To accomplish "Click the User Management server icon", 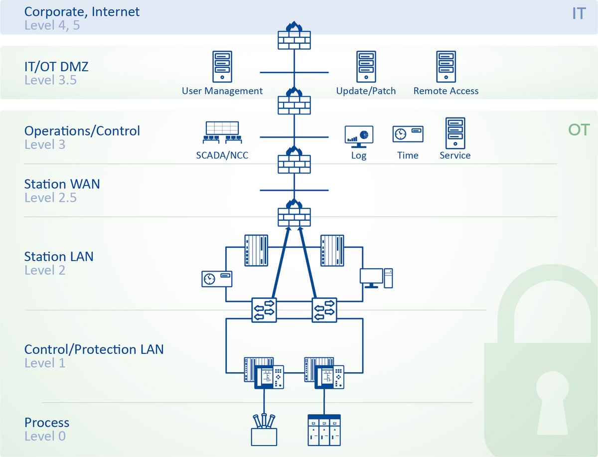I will (x=222, y=67).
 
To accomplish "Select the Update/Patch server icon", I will (x=366, y=67).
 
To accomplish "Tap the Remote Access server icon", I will (x=446, y=67).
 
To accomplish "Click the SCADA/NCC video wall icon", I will (x=222, y=133).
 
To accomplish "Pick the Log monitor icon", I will (x=359, y=136).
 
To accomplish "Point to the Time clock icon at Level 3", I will (x=408, y=134).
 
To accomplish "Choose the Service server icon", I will (x=454, y=133).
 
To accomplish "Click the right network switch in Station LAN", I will (x=324, y=309).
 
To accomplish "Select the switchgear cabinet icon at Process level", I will (x=324, y=430).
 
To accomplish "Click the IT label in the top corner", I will (x=578, y=13).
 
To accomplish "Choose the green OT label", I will (x=578, y=131).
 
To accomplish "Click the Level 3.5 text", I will (x=50, y=80).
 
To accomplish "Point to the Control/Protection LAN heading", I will (x=94, y=349).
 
